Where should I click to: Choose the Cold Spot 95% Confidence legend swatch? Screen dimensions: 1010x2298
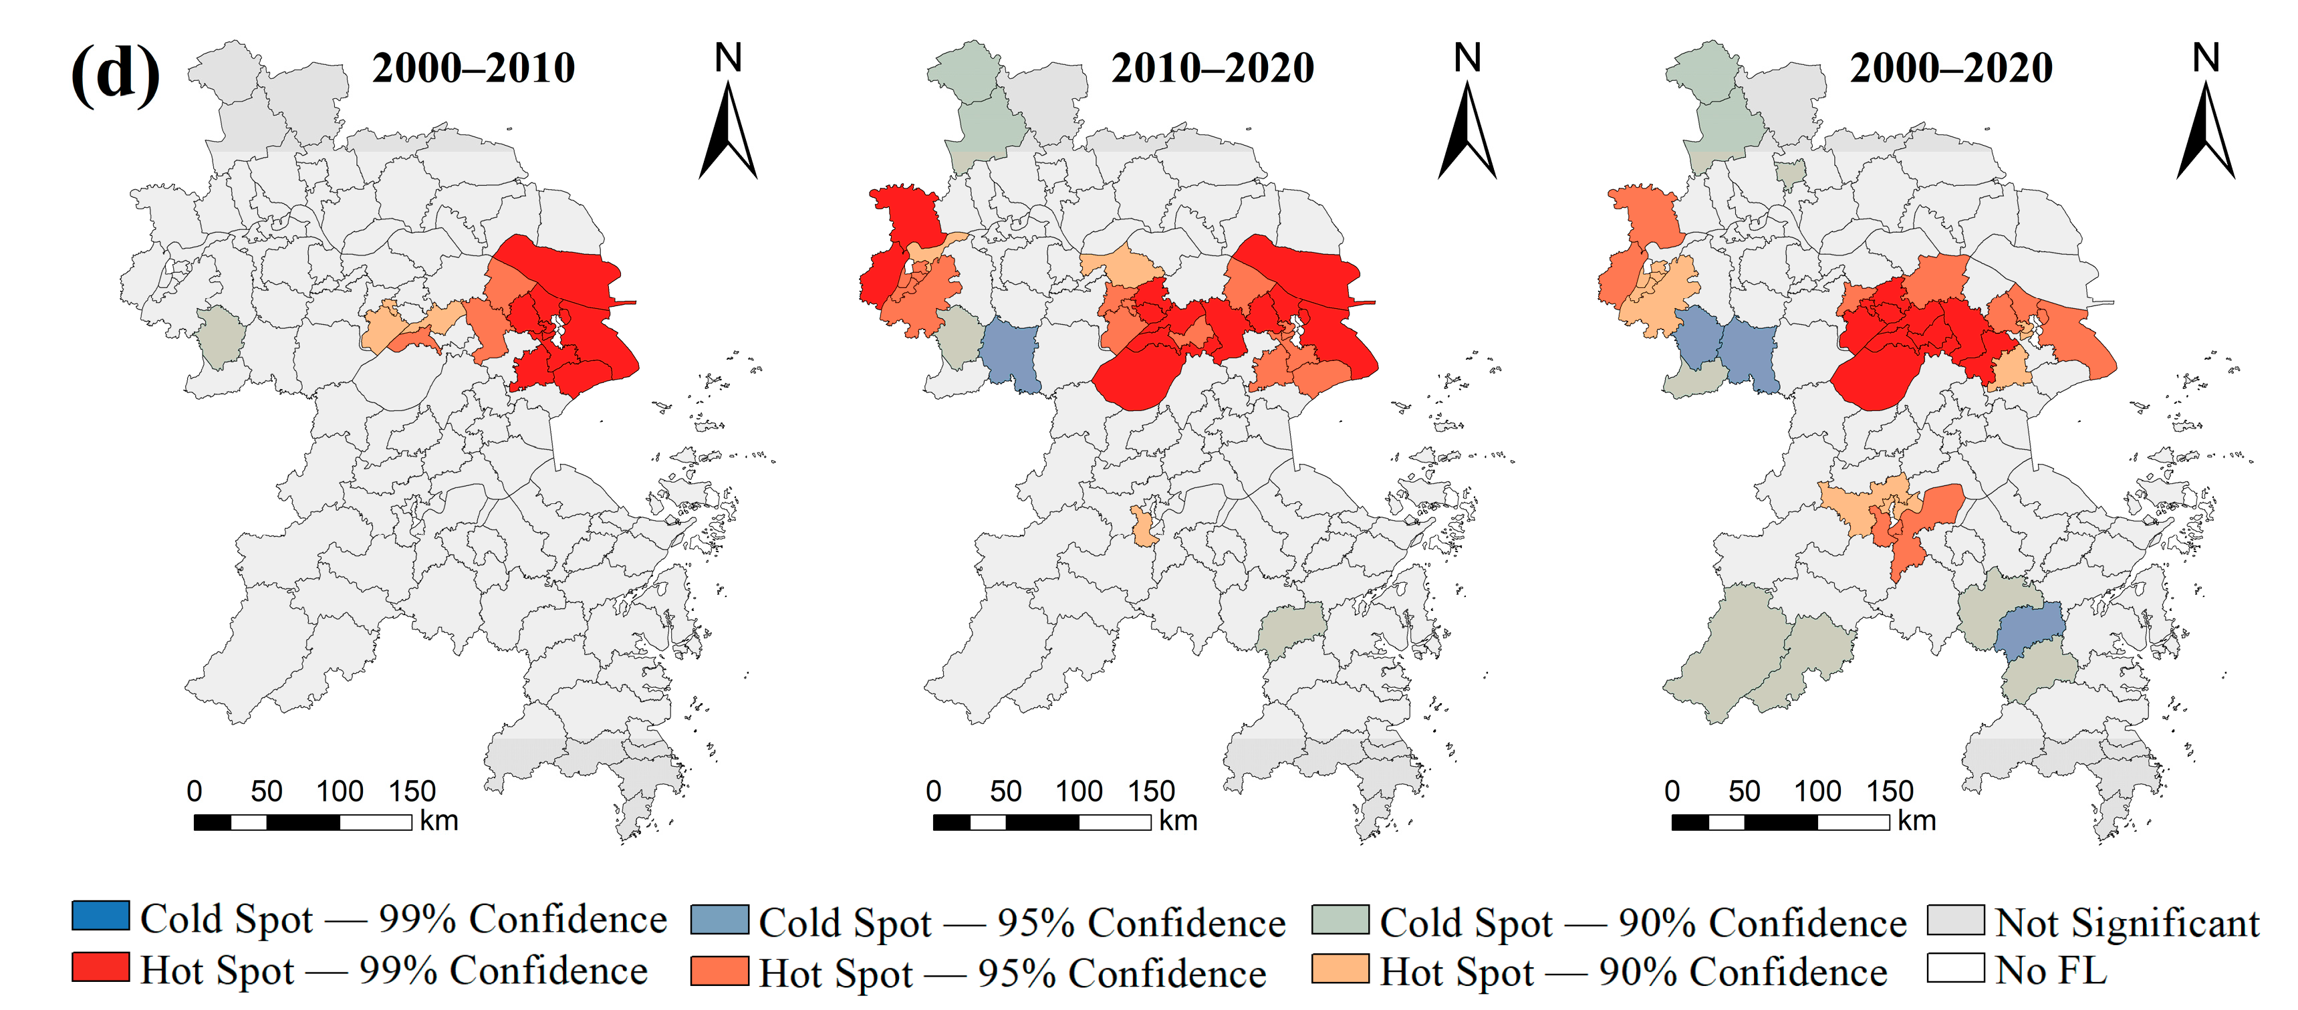(x=719, y=920)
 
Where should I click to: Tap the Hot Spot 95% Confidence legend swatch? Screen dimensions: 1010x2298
(x=719, y=971)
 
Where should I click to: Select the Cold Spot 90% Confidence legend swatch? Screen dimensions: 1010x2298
(x=1340, y=920)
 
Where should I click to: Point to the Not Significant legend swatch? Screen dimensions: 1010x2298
(x=1956, y=920)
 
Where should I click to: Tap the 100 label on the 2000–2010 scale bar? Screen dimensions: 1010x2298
(x=339, y=791)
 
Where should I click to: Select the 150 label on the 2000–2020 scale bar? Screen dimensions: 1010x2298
(x=1890, y=791)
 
